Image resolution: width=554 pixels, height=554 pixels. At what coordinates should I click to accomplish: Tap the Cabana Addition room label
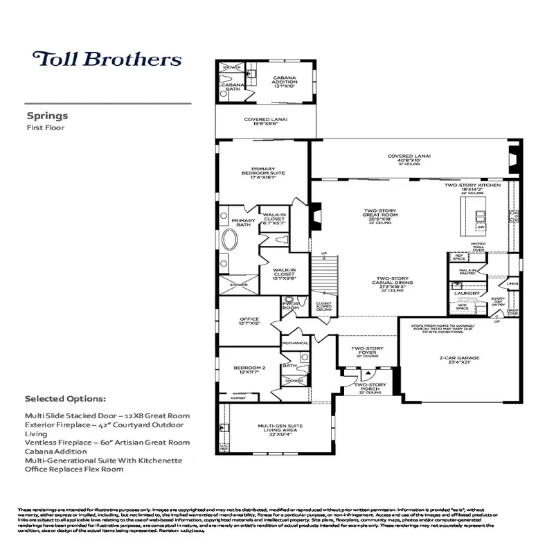284,82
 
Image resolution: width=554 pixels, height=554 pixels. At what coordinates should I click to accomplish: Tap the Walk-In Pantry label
468,272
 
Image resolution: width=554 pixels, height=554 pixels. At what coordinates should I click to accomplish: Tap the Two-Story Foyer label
367,350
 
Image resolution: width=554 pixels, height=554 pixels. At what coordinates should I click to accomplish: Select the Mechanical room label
295,343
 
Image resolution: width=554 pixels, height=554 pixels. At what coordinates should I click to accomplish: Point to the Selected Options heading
65,400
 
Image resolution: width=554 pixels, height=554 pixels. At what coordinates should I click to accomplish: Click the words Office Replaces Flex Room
73,469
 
